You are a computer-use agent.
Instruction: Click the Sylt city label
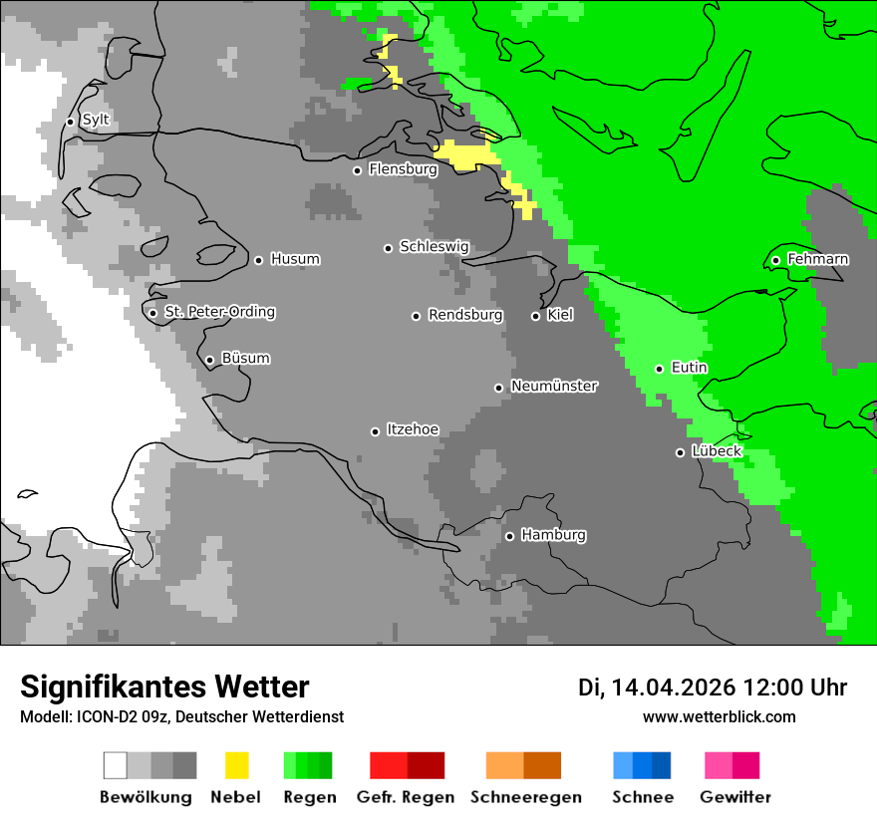tap(96, 121)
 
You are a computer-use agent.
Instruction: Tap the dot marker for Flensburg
tap(357, 170)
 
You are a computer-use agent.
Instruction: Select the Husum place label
tap(295, 259)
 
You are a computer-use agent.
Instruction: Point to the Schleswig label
tap(434, 247)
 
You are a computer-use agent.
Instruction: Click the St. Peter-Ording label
tap(219, 312)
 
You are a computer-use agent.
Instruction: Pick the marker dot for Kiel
tap(535, 316)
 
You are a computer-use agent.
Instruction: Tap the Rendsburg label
tap(465, 315)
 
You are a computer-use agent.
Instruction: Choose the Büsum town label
tap(245, 359)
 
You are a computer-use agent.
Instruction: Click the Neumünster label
tap(554, 386)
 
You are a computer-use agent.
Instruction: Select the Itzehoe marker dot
tap(375, 431)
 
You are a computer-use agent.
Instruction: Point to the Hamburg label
tap(553, 535)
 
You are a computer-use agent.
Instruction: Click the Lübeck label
tap(717, 451)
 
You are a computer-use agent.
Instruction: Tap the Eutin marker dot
tap(659, 369)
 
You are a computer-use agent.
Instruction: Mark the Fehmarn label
tap(817, 259)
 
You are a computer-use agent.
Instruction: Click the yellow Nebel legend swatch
tap(236, 765)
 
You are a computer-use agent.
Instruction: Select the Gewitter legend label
tap(734, 797)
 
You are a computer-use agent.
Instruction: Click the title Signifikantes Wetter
tap(164, 687)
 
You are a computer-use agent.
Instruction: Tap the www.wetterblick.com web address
tap(719, 717)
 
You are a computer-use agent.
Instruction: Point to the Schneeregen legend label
tap(525, 797)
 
